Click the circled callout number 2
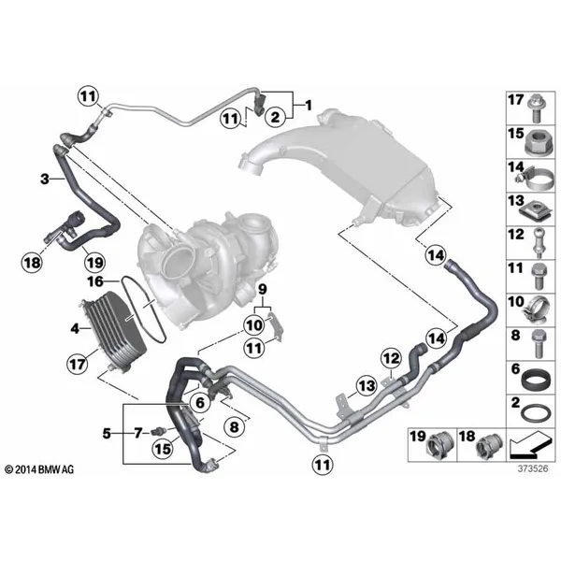(275, 116)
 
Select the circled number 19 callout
(94, 264)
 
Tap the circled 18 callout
(32, 263)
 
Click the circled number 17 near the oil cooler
(78, 365)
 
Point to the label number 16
(95, 281)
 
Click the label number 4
(75, 328)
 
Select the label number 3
(44, 179)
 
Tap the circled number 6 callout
(200, 402)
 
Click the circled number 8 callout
(234, 426)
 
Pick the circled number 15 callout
(163, 449)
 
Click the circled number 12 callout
(392, 358)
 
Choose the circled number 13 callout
(367, 385)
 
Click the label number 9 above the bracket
(263, 290)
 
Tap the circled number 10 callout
(253, 325)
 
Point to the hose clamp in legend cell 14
(534, 179)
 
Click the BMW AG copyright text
(39, 469)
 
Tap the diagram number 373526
(533, 468)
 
